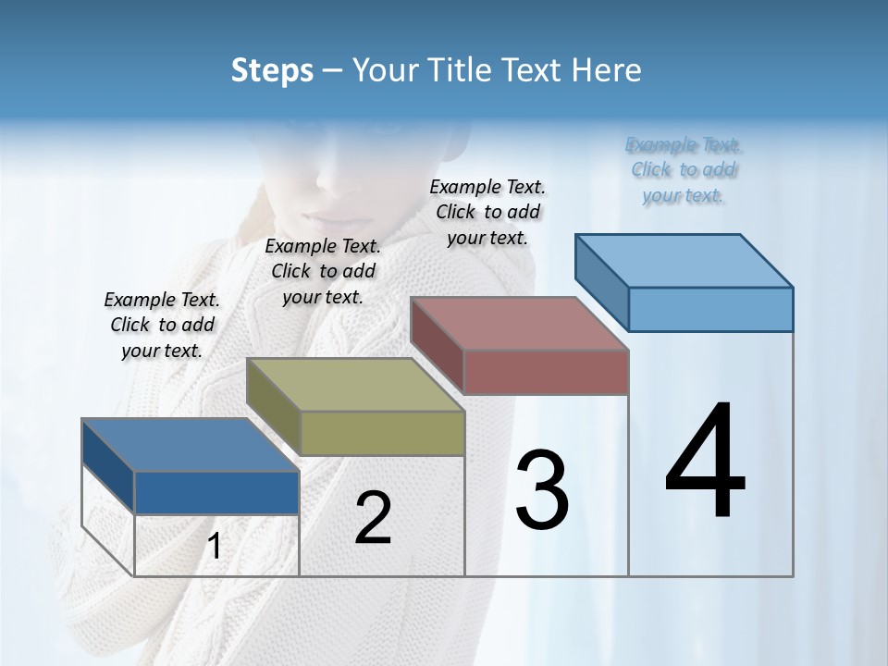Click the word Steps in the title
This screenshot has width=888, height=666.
(x=272, y=70)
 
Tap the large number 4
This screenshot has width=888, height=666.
(x=705, y=462)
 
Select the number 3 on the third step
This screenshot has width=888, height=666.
(x=542, y=490)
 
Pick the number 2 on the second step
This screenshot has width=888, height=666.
(x=374, y=518)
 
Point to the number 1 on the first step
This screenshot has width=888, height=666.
(x=215, y=547)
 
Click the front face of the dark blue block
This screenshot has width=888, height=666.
(x=216, y=492)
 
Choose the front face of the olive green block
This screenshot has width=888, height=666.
(x=382, y=433)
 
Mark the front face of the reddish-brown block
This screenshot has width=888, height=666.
(x=546, y=372)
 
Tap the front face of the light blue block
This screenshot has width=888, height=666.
(x=710, y=309)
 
